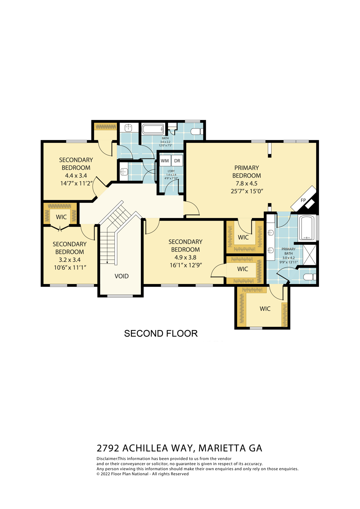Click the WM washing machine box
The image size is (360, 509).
coord(165,161)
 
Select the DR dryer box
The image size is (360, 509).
coord(177,161)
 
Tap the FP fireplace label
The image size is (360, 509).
coord(303,200)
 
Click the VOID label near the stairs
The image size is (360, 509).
coord(121,276)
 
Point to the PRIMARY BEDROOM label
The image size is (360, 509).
coord(246,172)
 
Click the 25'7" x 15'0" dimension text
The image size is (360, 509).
coord(247,191)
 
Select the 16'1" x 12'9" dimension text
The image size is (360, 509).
coord(185,265)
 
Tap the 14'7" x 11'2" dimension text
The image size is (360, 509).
coord(76,183)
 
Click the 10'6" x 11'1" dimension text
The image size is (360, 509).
coord(70,267)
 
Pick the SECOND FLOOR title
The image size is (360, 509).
coord(161,333)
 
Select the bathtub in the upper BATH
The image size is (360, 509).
coord(153,129)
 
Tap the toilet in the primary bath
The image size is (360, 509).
coord(309,277)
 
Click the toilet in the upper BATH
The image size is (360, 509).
coord(197,132)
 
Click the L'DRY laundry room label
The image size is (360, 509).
coord(171,171)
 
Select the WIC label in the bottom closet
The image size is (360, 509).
coord(265,309)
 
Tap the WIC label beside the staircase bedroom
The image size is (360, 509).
coord(61,217)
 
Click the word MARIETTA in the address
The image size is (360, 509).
coord(222,448)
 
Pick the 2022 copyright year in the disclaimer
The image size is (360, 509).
coord(105,474)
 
